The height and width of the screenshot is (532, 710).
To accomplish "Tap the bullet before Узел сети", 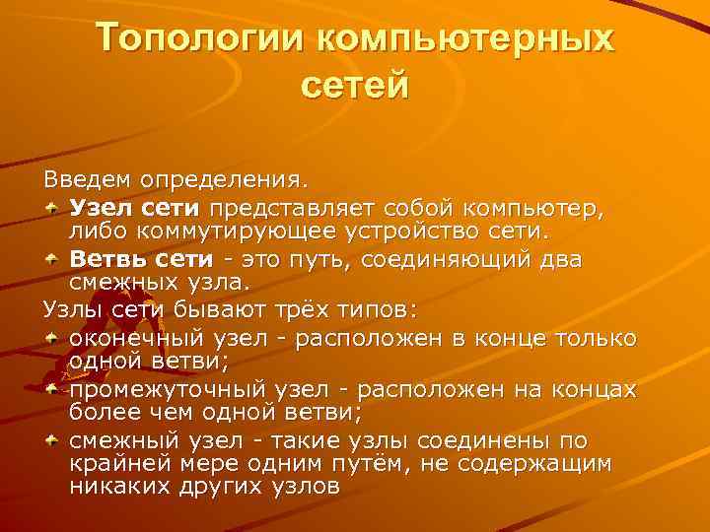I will click(x=53, y=209).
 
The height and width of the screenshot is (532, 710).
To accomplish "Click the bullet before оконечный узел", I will click(x=53, y=338).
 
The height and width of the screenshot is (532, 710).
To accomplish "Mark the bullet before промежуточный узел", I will click(x=53, y=389).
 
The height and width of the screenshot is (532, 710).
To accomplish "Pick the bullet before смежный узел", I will click(x=53, y=440).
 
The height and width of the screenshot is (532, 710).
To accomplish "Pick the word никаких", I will click(x=111, y=488).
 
